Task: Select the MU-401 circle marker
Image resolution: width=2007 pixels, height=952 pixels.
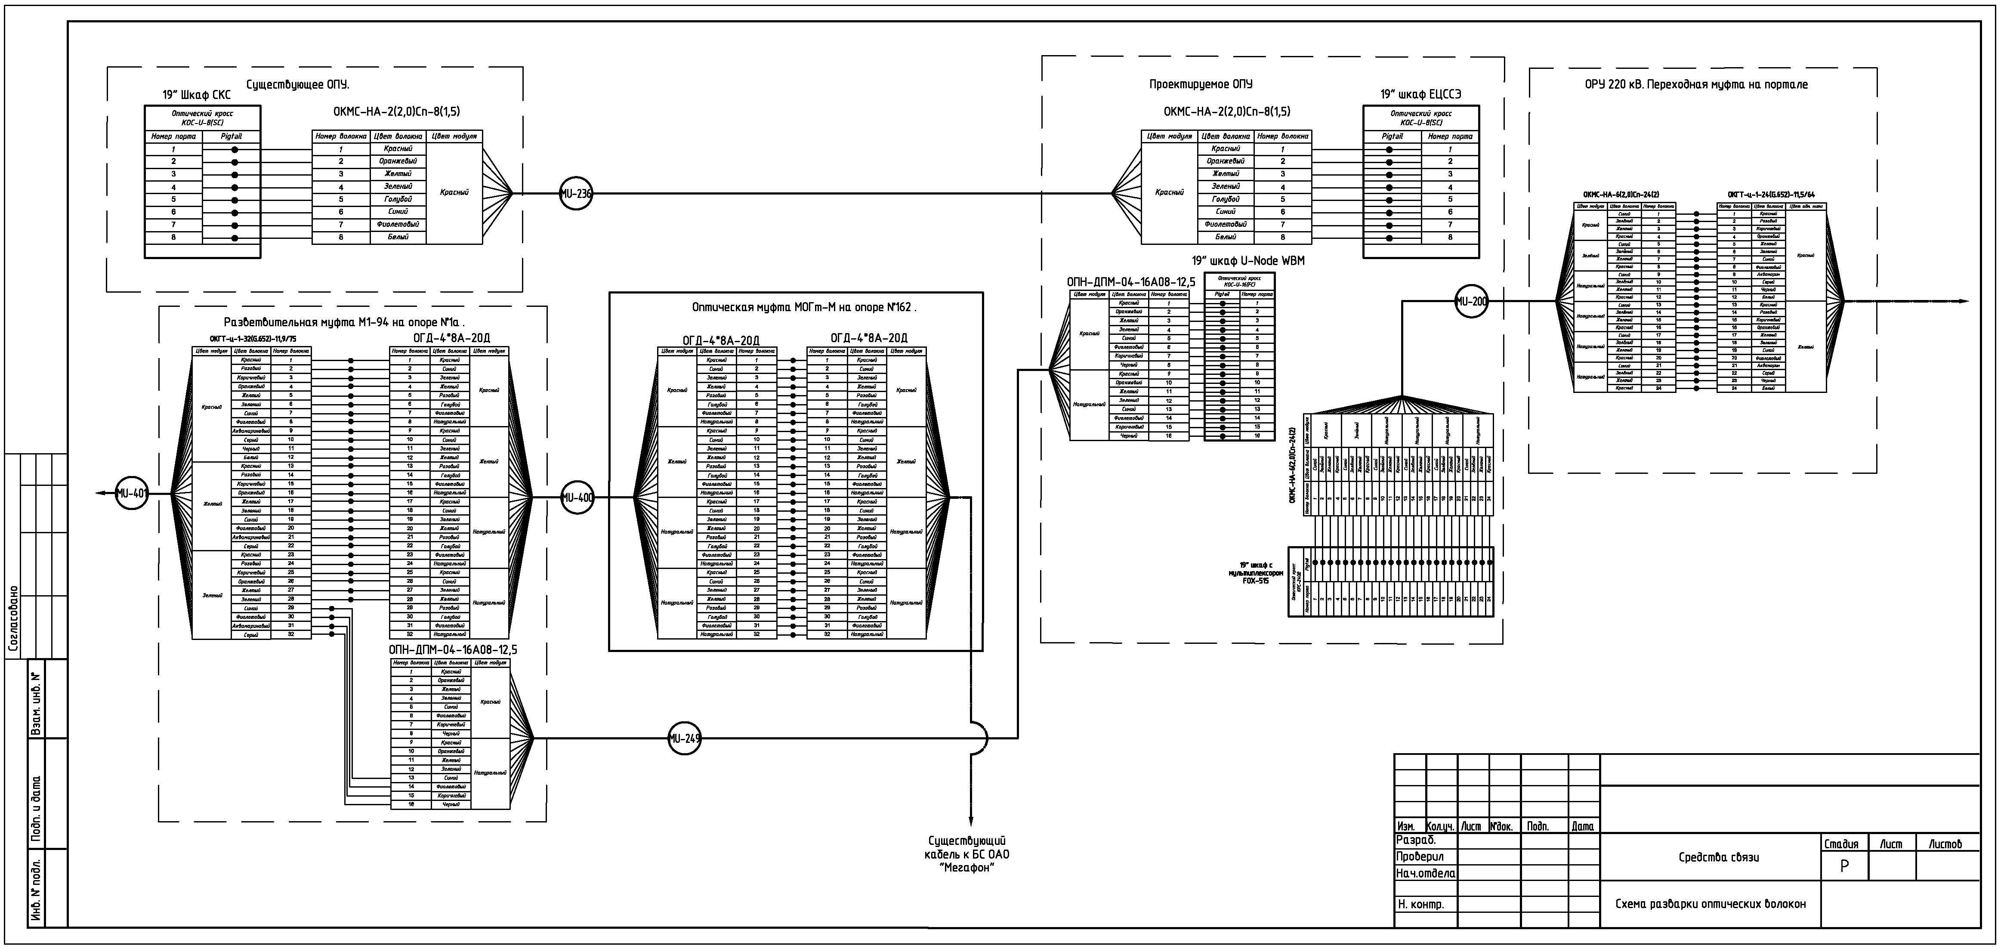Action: pyautogui.click(x=132, y=492)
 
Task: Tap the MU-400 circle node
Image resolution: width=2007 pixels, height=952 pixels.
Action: pyautogui.click(x=577, y=497)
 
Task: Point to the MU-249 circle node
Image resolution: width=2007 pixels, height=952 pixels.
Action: pyautogui.click(x=684, y=739)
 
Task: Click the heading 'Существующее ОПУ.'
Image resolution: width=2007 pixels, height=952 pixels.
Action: pyautogui.click(x=298, y=84)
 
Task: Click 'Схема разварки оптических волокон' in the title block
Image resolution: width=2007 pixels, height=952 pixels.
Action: pyautogui.click(x=1710, y=904)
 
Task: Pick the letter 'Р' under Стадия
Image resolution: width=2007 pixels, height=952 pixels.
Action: pyautogui.click(x=1844, y=865)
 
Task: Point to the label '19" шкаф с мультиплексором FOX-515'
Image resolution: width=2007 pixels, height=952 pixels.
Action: pyautogui.click(x=1257, y=572)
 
